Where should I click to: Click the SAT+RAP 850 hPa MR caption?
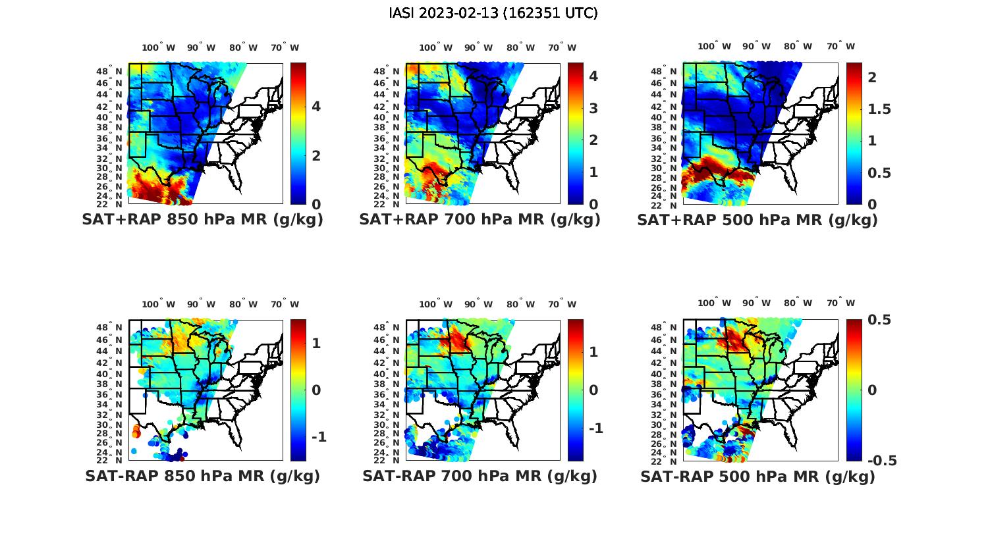tap(203, 220)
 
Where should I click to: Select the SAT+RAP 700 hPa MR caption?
tap(480, 220)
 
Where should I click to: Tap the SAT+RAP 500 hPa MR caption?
tap(757, 220)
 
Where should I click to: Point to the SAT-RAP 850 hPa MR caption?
tap(203, 476)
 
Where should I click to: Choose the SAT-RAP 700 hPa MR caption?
tap(480, 476)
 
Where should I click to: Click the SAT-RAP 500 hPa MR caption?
tap(757, 476)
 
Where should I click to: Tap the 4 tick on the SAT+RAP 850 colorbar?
tap(316, 107)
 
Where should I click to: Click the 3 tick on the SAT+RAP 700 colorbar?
tap(593, 108)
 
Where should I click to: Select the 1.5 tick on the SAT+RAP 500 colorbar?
tap(879, 109)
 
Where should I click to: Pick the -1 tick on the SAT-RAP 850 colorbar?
tap(319, 437)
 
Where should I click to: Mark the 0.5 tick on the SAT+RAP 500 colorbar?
tap(879, 172)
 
